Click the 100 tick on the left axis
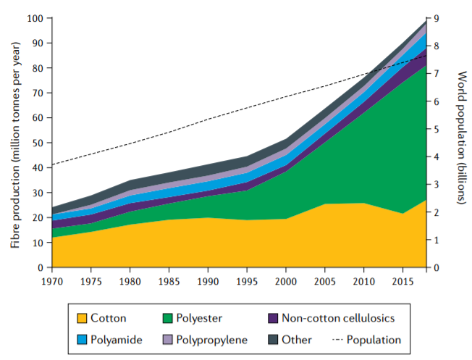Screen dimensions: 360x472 pos(35,18)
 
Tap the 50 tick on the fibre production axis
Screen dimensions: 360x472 pos(38,143)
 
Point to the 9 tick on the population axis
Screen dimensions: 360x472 pos(437,18)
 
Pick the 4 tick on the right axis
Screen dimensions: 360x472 pos(437,157)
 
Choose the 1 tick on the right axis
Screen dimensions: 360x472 pos(437,240)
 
